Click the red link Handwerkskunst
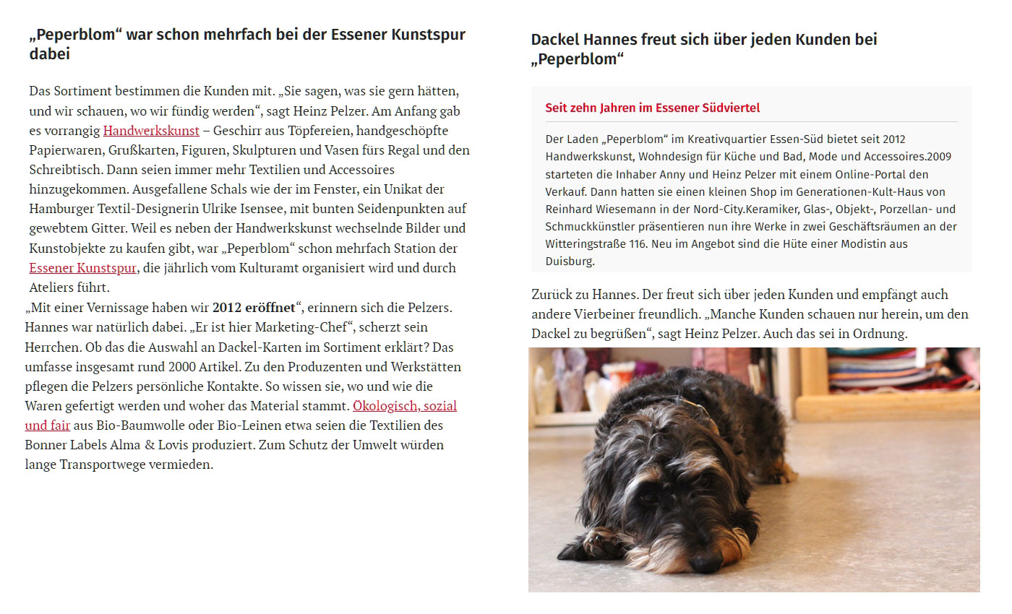pos(151,131)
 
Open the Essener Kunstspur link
pos(82,267)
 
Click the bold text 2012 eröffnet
pos(254,307)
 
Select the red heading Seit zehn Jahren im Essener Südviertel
pos(652,108)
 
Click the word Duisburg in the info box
pos(570,261)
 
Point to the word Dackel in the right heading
pos(556,40)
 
